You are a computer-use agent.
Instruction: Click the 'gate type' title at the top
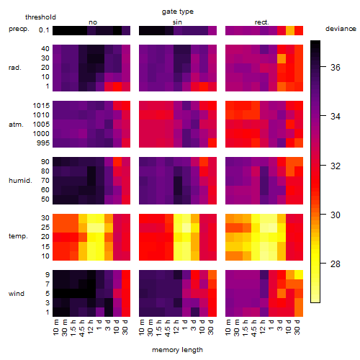coord(178,12)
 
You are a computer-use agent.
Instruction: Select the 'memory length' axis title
coord(177,350)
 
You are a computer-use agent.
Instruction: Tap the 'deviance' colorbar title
coord(341,29)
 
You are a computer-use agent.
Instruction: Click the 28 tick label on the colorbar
coord(336,264)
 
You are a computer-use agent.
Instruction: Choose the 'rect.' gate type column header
coord(261,22)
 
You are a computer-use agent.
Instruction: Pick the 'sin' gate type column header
coord(177,22)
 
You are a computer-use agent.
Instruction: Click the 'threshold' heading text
coord(40,17)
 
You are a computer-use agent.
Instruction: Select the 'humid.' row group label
coord(20,181)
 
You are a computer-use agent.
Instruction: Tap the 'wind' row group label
coord(17,294)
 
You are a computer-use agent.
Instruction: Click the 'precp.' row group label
coord(19,29)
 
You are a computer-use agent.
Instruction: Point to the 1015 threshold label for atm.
coord(41,106)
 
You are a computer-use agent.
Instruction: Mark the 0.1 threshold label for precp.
coord(44,30)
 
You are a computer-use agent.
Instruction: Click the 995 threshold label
coord(43,143)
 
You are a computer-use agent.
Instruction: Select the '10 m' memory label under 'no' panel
coord(55,328)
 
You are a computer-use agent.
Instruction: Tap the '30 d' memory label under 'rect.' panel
coord(297,328)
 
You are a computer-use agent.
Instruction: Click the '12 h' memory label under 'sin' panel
coord(176,327)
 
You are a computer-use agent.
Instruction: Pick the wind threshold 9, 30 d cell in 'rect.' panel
coord(299,274)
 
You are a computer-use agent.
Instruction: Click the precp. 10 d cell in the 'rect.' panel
coord(290,30)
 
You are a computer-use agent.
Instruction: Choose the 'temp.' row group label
coord(18,236)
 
